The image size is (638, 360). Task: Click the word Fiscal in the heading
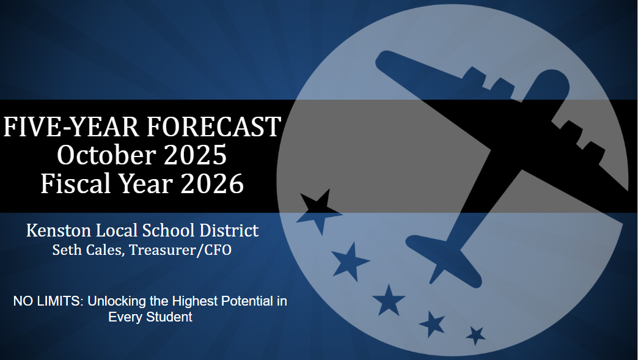pos(70,183)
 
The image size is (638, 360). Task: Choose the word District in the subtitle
pos(232,230)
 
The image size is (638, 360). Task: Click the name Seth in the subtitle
pos(66,250)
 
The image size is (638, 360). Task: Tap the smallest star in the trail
pos(475,335)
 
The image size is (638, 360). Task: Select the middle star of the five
pos(388,300)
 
